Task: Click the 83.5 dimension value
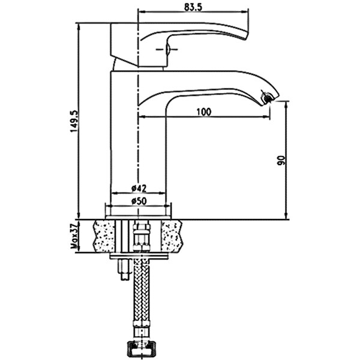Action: point(193,7)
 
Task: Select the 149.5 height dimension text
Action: point(74,121)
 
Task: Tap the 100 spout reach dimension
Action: point(204,112)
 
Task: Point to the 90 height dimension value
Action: point(281,160)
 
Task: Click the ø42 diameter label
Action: point(139,188)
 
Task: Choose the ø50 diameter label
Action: point(139,201)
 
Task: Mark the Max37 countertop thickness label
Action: point(74,236)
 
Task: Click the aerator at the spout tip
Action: point(267,97)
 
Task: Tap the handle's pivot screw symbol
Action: point(167,49)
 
